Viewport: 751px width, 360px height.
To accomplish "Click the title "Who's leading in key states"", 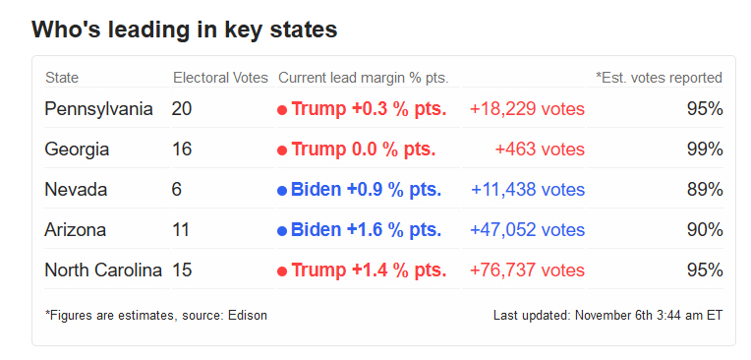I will click(185, 30).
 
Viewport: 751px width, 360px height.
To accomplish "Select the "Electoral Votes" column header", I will click(219, 78).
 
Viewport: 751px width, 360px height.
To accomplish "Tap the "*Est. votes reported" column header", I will click(659, 78).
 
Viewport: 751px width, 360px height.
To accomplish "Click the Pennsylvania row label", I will click(98, 109).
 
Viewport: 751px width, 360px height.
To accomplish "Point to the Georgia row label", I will click(77, 150).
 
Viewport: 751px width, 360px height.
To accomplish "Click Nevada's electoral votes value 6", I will click(177, 190).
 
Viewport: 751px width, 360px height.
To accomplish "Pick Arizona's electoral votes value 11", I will click(181, 230).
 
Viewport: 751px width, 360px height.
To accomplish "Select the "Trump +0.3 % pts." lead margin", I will click(369, 109).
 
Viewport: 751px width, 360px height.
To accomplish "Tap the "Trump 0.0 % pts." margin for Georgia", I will click(363, 150).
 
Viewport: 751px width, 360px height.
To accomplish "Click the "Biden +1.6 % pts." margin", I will click(366, 230).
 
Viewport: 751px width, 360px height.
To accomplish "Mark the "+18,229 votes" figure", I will click(527, 109).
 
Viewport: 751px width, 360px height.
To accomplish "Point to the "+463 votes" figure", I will click(540, 150).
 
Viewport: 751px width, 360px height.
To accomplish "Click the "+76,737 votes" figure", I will click(527, 270).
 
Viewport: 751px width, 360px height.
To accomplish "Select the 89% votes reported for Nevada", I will click(705, 190).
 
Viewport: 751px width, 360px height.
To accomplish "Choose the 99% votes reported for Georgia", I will click(705, 150).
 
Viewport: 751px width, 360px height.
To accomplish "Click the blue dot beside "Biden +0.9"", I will click(282, 191).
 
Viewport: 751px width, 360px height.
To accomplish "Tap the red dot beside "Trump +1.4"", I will click(282, 271).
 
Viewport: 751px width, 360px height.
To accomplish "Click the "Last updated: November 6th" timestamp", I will click(607, 316).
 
